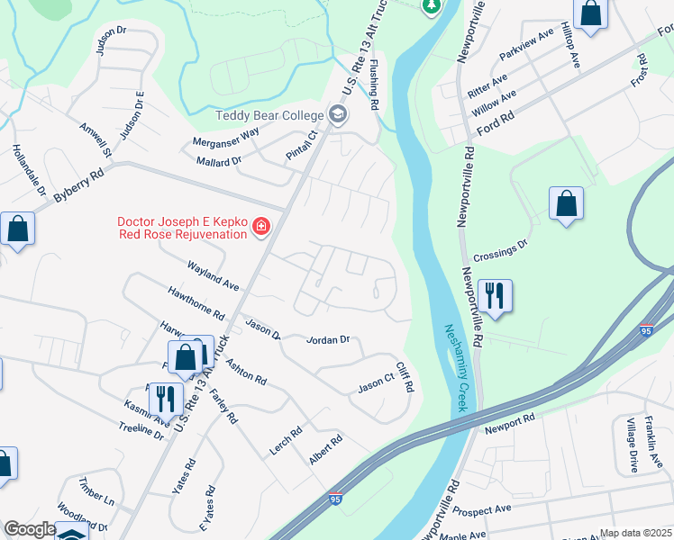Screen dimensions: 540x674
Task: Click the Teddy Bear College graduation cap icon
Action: coord(337,115)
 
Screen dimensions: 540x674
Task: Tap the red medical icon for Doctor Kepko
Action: coord(260,225)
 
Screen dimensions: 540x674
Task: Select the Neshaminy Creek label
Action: coord(455,369)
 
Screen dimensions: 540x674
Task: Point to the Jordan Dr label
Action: coord(328,340)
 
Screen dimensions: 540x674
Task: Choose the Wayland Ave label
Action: coord(213,276)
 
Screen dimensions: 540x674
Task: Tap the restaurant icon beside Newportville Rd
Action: coord(495,295)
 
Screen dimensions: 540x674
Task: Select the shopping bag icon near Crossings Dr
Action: coord(566,203)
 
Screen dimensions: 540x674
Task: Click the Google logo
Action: coord(29,530)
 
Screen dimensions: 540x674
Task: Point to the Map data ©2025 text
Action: coord(635,533)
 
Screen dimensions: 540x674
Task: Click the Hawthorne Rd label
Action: coord(196,304)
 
